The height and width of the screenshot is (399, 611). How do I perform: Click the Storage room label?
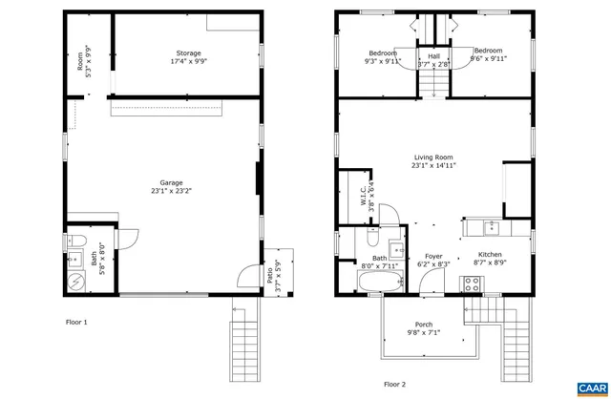(x=187, y=52)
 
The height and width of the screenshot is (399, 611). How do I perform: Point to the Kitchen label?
(x=490, y=255)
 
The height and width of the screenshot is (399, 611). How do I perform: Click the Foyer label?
(x=433, y=255)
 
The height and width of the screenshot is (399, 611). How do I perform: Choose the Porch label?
(x=423, y=325)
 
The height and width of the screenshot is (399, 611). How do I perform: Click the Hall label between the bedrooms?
(x=433, y=56)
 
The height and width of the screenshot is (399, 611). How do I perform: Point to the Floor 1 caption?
(x=75, y=323)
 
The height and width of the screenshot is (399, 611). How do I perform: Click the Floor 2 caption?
(x=394, y=384)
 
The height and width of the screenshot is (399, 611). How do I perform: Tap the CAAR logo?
(x=591, y=386)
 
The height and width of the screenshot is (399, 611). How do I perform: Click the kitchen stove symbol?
(x=471, y=283)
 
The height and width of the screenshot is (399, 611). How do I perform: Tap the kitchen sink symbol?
(x=491, y=227)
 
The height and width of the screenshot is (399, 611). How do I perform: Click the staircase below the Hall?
(x=433, y=87)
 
